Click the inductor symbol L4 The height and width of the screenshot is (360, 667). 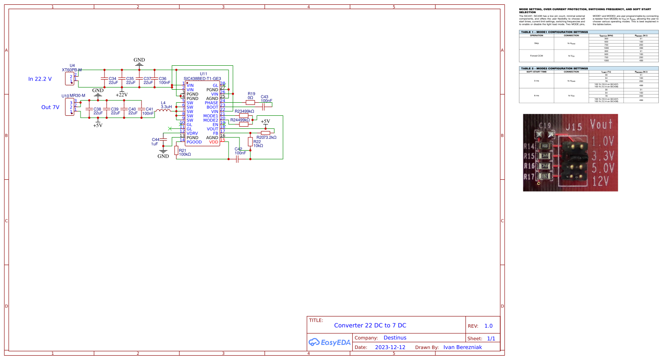click(x=164, y=111)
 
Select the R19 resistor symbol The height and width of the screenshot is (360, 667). click(x=250, y=103)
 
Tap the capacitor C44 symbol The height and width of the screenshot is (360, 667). click(x=163, y=139)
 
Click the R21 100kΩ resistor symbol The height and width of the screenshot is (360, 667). click(x=176, y=151)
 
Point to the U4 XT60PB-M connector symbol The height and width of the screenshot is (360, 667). click(x=70, y=79)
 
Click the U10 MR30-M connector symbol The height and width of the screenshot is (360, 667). click(x=70, y=107)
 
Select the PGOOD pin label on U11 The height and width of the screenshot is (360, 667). click(x=194, y=142)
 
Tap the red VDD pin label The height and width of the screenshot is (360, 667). click(x=213, y=142)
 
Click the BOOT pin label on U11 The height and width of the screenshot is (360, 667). click(x=212, y=107)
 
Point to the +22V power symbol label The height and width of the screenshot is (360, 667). click(x=121, y=94)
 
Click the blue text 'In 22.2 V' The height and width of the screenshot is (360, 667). click(x=40, y=79)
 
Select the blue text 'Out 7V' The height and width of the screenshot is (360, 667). click(x=50, y=107)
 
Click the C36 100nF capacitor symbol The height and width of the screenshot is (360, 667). click(x=155, y=79)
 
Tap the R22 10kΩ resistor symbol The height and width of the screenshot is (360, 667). click(x=250, y=141)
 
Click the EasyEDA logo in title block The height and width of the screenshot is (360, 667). click(x=330, y=343)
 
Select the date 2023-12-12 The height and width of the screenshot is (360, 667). click(x=390, y=347)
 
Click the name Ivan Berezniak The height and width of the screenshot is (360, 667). click(x=462, y=347)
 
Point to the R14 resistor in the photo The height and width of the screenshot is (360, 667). click(x=544, y=146)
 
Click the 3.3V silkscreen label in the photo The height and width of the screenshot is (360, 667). click(x=603, y=155)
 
